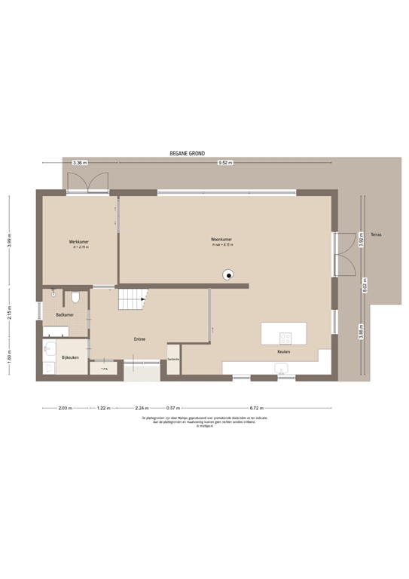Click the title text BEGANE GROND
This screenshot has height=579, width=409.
point(188,153)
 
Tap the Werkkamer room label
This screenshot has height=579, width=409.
point(79,242)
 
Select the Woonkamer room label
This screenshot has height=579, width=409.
point(221,240)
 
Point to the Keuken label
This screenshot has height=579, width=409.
point(283,352)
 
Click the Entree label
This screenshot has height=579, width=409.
point(139,339)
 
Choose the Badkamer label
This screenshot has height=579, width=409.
point(64,314)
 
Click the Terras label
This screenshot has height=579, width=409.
point(375,234)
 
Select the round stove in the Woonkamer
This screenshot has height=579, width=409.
point(227,274)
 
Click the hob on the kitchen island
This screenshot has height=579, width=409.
point(285,337)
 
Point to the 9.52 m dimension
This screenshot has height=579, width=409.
point(225,162)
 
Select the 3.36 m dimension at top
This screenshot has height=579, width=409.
point(79,162)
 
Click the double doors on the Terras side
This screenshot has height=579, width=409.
point(344,255)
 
